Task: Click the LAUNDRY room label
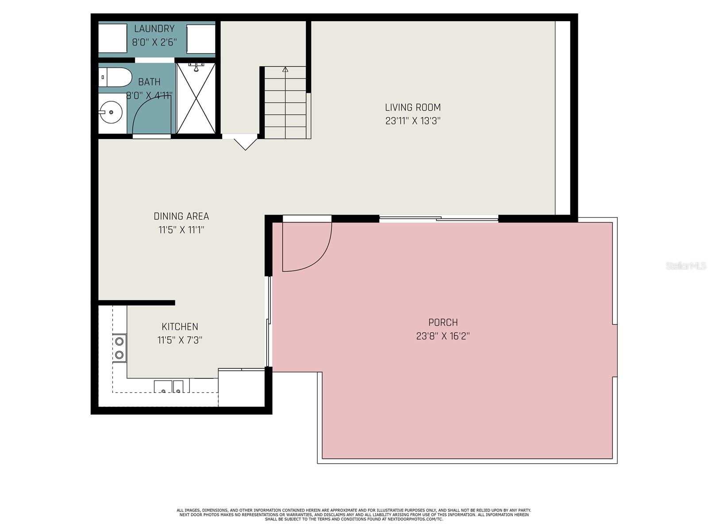[154, 29]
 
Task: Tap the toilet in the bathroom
[115, 77]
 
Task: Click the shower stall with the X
[196, 98]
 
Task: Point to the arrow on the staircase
[285, 69]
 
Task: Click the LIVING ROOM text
[412, 107]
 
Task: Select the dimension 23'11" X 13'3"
[412, 121]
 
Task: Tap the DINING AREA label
[181, 216]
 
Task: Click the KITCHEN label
[180, 327]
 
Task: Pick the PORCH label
[442, 323]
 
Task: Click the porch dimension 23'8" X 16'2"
[442, 336]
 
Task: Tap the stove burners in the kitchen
[119, 348]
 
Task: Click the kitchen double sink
[169, 387]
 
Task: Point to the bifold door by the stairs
[245, 142]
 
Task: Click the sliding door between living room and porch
[439, 218]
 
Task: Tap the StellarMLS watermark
[685, 266]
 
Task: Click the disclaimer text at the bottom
[354, 515]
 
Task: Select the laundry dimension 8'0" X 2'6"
[154, 42]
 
